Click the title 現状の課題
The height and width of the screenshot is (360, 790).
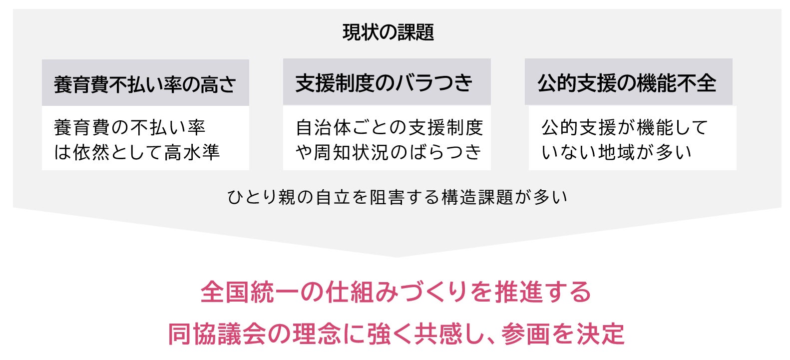click(388, 32)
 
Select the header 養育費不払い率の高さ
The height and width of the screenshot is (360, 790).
click(145, 84)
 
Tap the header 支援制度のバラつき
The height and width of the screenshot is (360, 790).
click(384, 83)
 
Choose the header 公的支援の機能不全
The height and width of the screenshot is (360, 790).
click(627, 83)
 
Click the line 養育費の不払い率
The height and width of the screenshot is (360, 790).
click(129, 127)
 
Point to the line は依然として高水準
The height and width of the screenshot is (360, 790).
click(136, 152)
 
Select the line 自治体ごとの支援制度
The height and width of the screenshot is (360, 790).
click(389, 127)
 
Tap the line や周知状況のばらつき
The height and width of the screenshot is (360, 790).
click(388, 152)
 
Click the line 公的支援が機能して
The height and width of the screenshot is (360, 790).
click(625, 127)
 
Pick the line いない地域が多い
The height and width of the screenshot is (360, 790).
click(616, 152)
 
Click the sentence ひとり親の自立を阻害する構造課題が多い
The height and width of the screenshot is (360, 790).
click(397, 197)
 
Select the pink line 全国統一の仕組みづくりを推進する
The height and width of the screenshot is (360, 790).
click(395, 292)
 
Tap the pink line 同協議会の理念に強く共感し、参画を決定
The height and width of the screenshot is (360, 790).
click(395, 334)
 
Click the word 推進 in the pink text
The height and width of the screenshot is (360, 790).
click(519, 292)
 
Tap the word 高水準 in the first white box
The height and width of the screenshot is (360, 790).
click(192, 152)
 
